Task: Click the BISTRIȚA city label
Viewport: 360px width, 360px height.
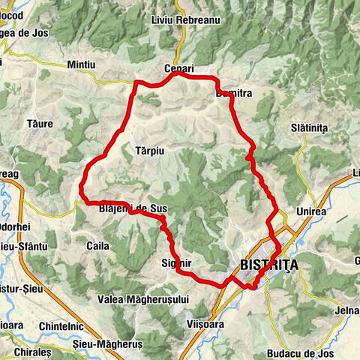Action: pos(270,265)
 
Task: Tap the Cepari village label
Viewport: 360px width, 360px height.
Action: pos(179,69)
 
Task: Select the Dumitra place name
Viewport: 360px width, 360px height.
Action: pos(232,94)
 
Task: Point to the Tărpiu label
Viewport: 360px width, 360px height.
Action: pos(149,150)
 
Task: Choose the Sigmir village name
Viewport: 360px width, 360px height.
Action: pos(177,263)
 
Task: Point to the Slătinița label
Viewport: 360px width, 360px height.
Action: pos(309,128)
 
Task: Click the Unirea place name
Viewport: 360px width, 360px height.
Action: pos(311,211)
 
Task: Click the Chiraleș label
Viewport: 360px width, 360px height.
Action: pos(30,351)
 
